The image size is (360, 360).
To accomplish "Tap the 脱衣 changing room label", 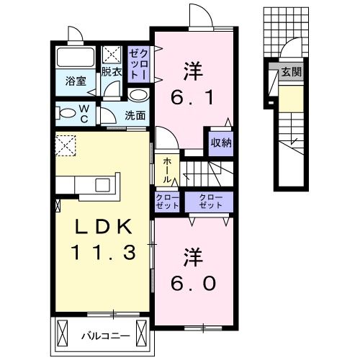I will pyautogui.click(x=111, y=72).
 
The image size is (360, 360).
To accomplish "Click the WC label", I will pyautogui.click(x=84, y=113).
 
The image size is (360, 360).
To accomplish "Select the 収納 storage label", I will pyautogui.click(x=221, y=142).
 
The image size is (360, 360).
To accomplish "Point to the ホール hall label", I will pyautogui.click(x=166, y=170).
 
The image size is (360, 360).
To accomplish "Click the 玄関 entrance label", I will pyautogui.click(x=291, y=72).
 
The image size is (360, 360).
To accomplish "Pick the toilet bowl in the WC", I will pyautogui.click(x=68, y=112).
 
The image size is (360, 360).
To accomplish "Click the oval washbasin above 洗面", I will pyautogui.click(x=138, y=95).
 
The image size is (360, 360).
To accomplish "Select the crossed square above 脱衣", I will pyautogui.click(x=112, y=54).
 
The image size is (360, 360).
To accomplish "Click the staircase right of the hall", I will pyautogui.click(x=205, y=173).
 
